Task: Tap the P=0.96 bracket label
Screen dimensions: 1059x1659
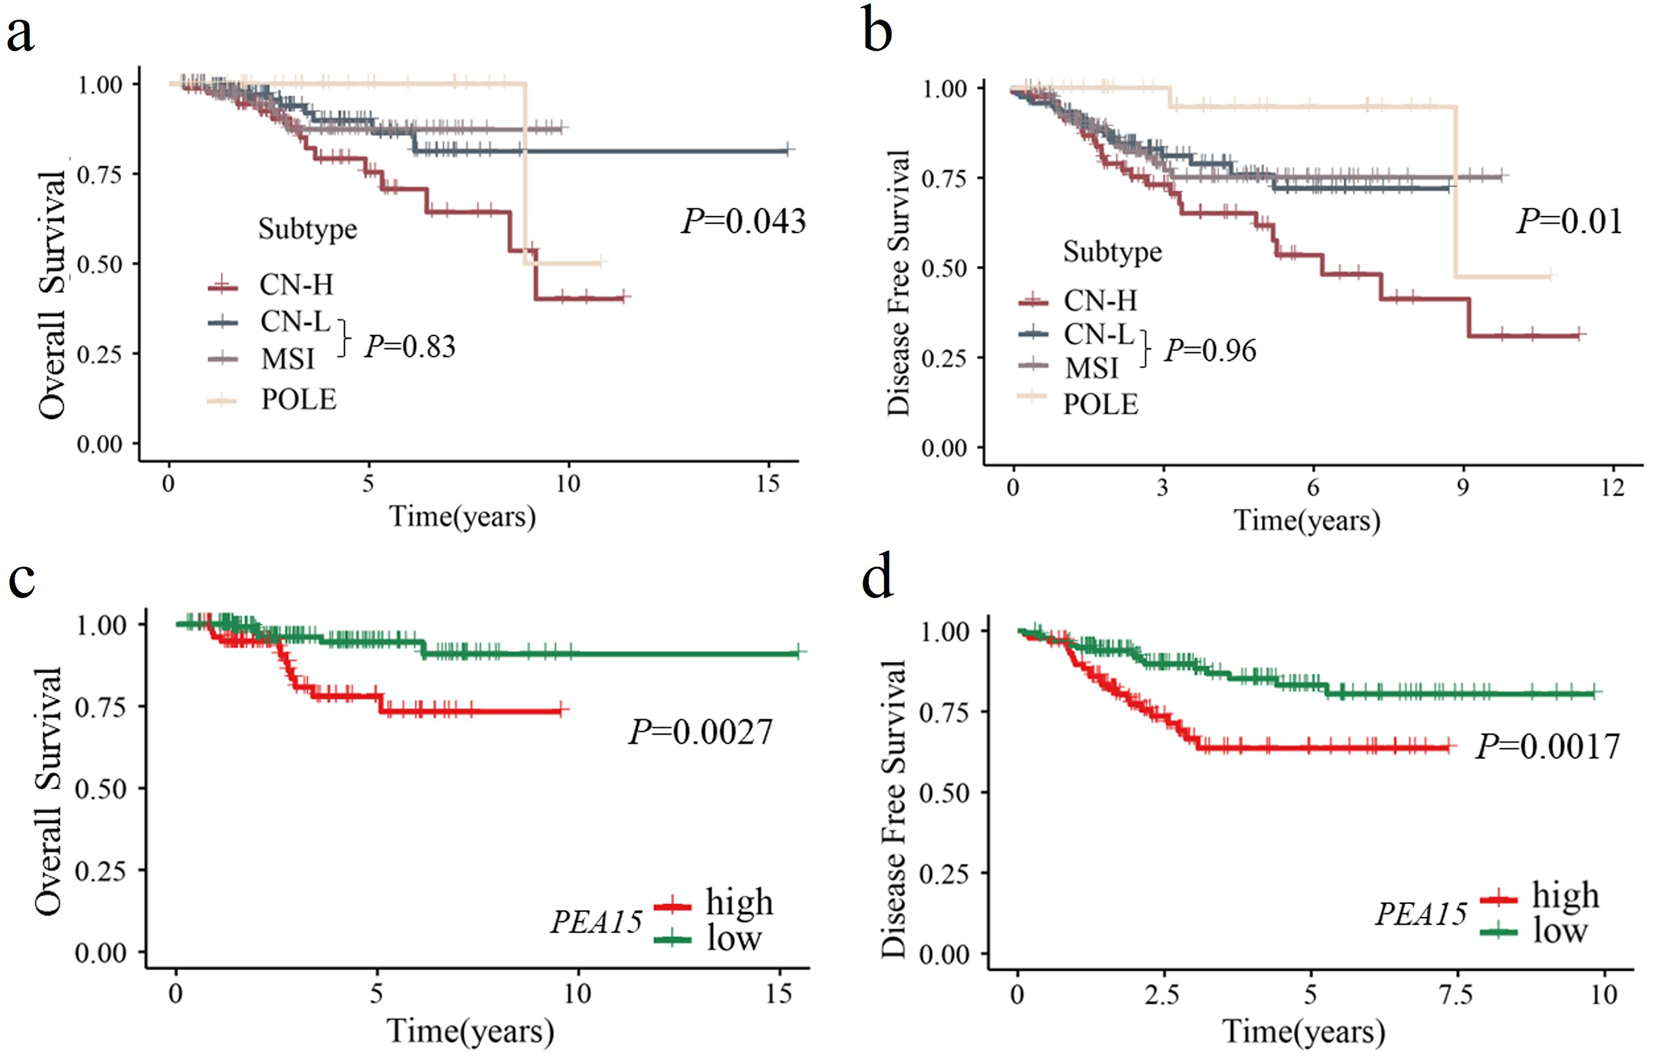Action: tap(1210, 350)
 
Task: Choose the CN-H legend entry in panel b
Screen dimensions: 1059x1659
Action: tap(1100, 300)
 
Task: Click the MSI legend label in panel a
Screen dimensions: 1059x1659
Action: tap(287, 359)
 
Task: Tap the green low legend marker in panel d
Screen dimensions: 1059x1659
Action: tap(1498, 932)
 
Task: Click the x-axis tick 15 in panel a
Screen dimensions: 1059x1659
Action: tap(767, 484)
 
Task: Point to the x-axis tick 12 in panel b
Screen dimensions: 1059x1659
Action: tap(1612, 488)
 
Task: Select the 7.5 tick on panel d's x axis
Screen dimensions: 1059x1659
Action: tap(1456, 995)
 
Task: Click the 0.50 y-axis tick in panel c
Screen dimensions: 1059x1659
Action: tap(100, 789)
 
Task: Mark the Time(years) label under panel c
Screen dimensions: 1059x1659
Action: tap(470, 1032)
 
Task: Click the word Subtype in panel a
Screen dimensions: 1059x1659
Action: tap(307, 229)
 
